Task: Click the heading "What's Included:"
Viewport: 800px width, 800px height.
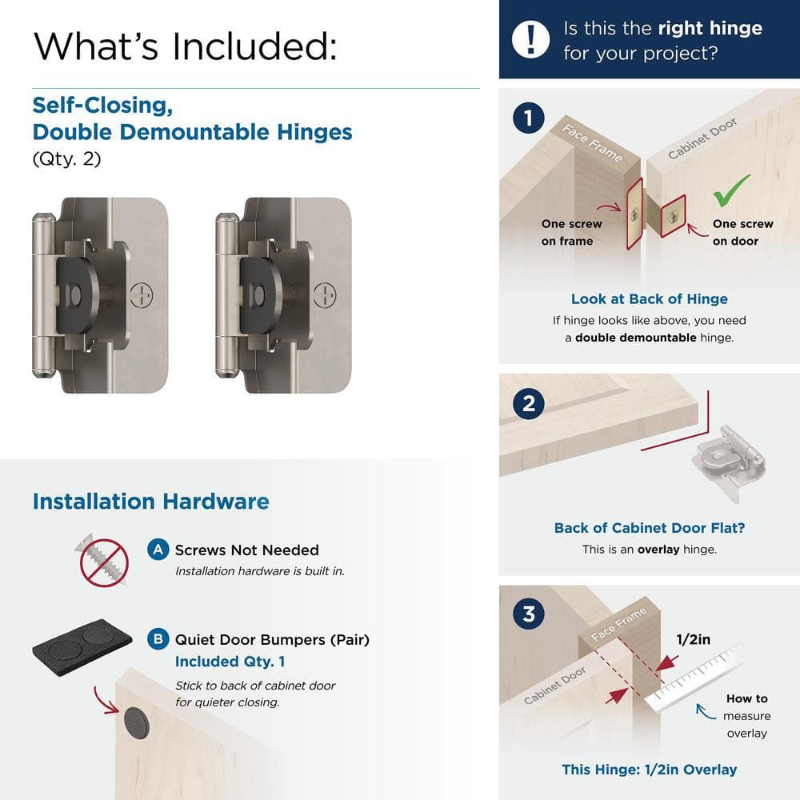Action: click(x=185, y=46)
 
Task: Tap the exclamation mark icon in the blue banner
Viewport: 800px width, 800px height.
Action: click(x=531, y=39)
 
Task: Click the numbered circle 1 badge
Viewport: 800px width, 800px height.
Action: click(x=528, y=119)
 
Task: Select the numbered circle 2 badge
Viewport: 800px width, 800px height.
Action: click(x=528, y=403)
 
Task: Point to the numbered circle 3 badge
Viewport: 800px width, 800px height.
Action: click(x=528, y=615)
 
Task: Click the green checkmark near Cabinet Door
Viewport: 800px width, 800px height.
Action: click(x=731, y=190)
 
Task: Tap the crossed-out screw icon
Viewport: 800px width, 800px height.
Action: click(x=103, y=562)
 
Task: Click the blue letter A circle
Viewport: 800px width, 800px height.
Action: click(x=158, y=550)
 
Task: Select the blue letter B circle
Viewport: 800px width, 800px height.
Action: click(x=158, y=639)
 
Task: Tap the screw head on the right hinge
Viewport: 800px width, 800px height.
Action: click(x=325, y=294)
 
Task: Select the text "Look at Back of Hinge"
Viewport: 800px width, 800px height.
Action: click(x=649, y=299)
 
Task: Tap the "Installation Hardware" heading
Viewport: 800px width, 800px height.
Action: click(x=150, y=502)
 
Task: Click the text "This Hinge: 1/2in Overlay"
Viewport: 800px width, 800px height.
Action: click(x=649, y=770)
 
